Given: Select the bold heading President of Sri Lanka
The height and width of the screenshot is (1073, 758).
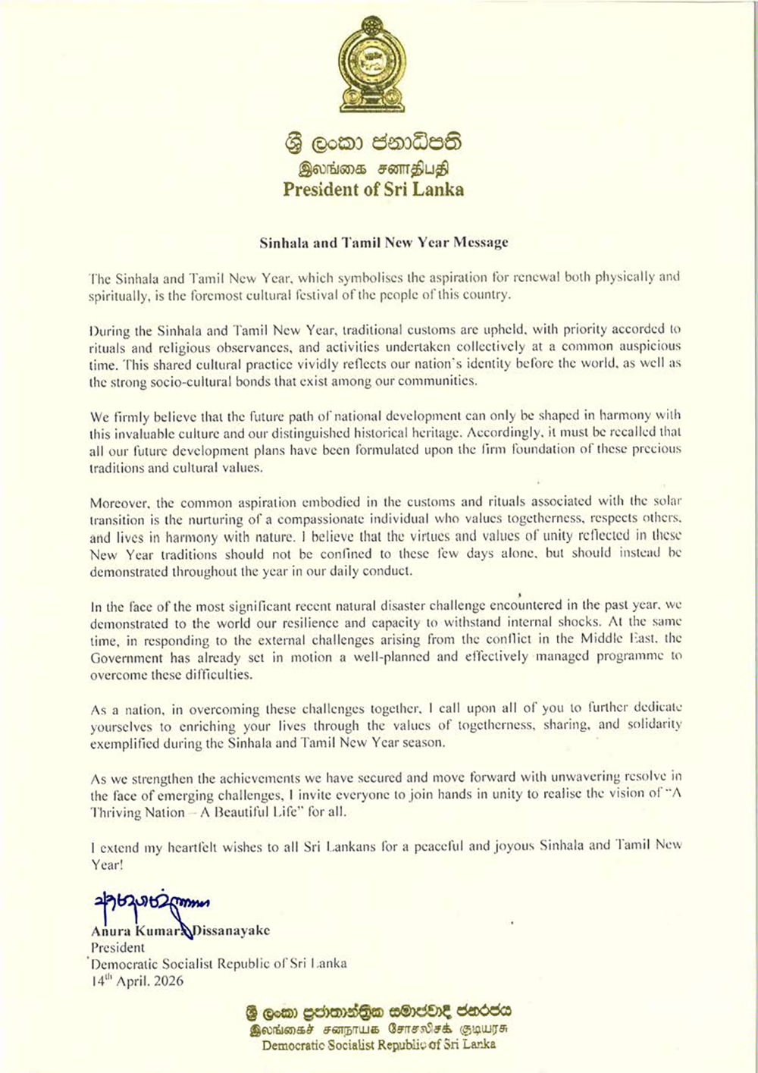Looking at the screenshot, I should [373, 190].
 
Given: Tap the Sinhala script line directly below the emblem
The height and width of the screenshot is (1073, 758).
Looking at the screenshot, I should [373, 143].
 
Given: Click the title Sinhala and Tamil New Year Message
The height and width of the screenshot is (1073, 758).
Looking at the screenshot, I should [384, 243].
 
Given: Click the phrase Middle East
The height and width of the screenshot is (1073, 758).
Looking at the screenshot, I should [619, 639].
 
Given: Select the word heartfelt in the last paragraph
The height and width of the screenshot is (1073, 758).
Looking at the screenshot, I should [175, 847].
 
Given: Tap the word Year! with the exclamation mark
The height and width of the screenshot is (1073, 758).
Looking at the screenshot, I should [106, 864].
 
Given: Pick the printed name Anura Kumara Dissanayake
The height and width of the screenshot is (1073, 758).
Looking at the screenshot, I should [180, 930].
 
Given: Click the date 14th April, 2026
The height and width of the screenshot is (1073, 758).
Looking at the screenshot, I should [137, 980].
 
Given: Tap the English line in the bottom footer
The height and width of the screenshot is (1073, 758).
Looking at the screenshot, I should [378, 1045].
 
